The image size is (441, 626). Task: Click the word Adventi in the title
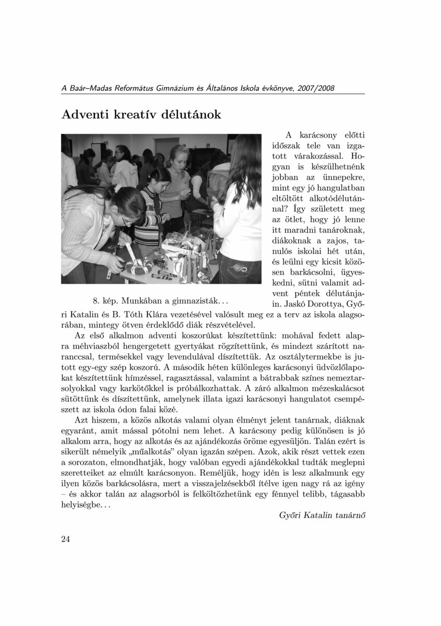click(x=85, y=114)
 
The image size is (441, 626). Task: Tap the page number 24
click(x=66, y=539)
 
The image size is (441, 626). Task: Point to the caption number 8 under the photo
click(x=95, y=302)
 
